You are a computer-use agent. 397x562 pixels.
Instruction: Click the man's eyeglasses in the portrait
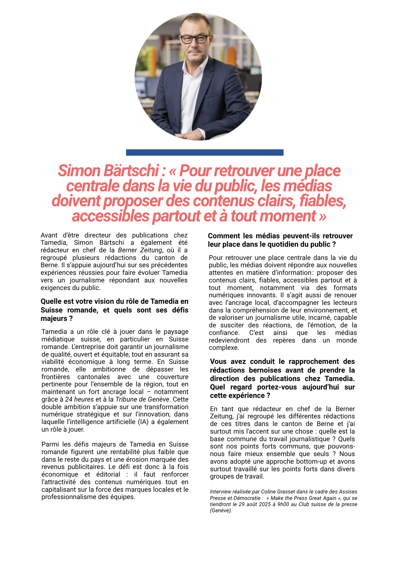(x=194, y=38)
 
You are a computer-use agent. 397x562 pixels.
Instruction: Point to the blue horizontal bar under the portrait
(x=205, y=152)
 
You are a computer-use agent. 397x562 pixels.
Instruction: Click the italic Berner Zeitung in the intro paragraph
(x=140, y=250)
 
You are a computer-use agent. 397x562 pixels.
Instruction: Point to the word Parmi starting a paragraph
(x=50, y=444)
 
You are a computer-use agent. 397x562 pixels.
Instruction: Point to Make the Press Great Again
(x=303, y=498)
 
